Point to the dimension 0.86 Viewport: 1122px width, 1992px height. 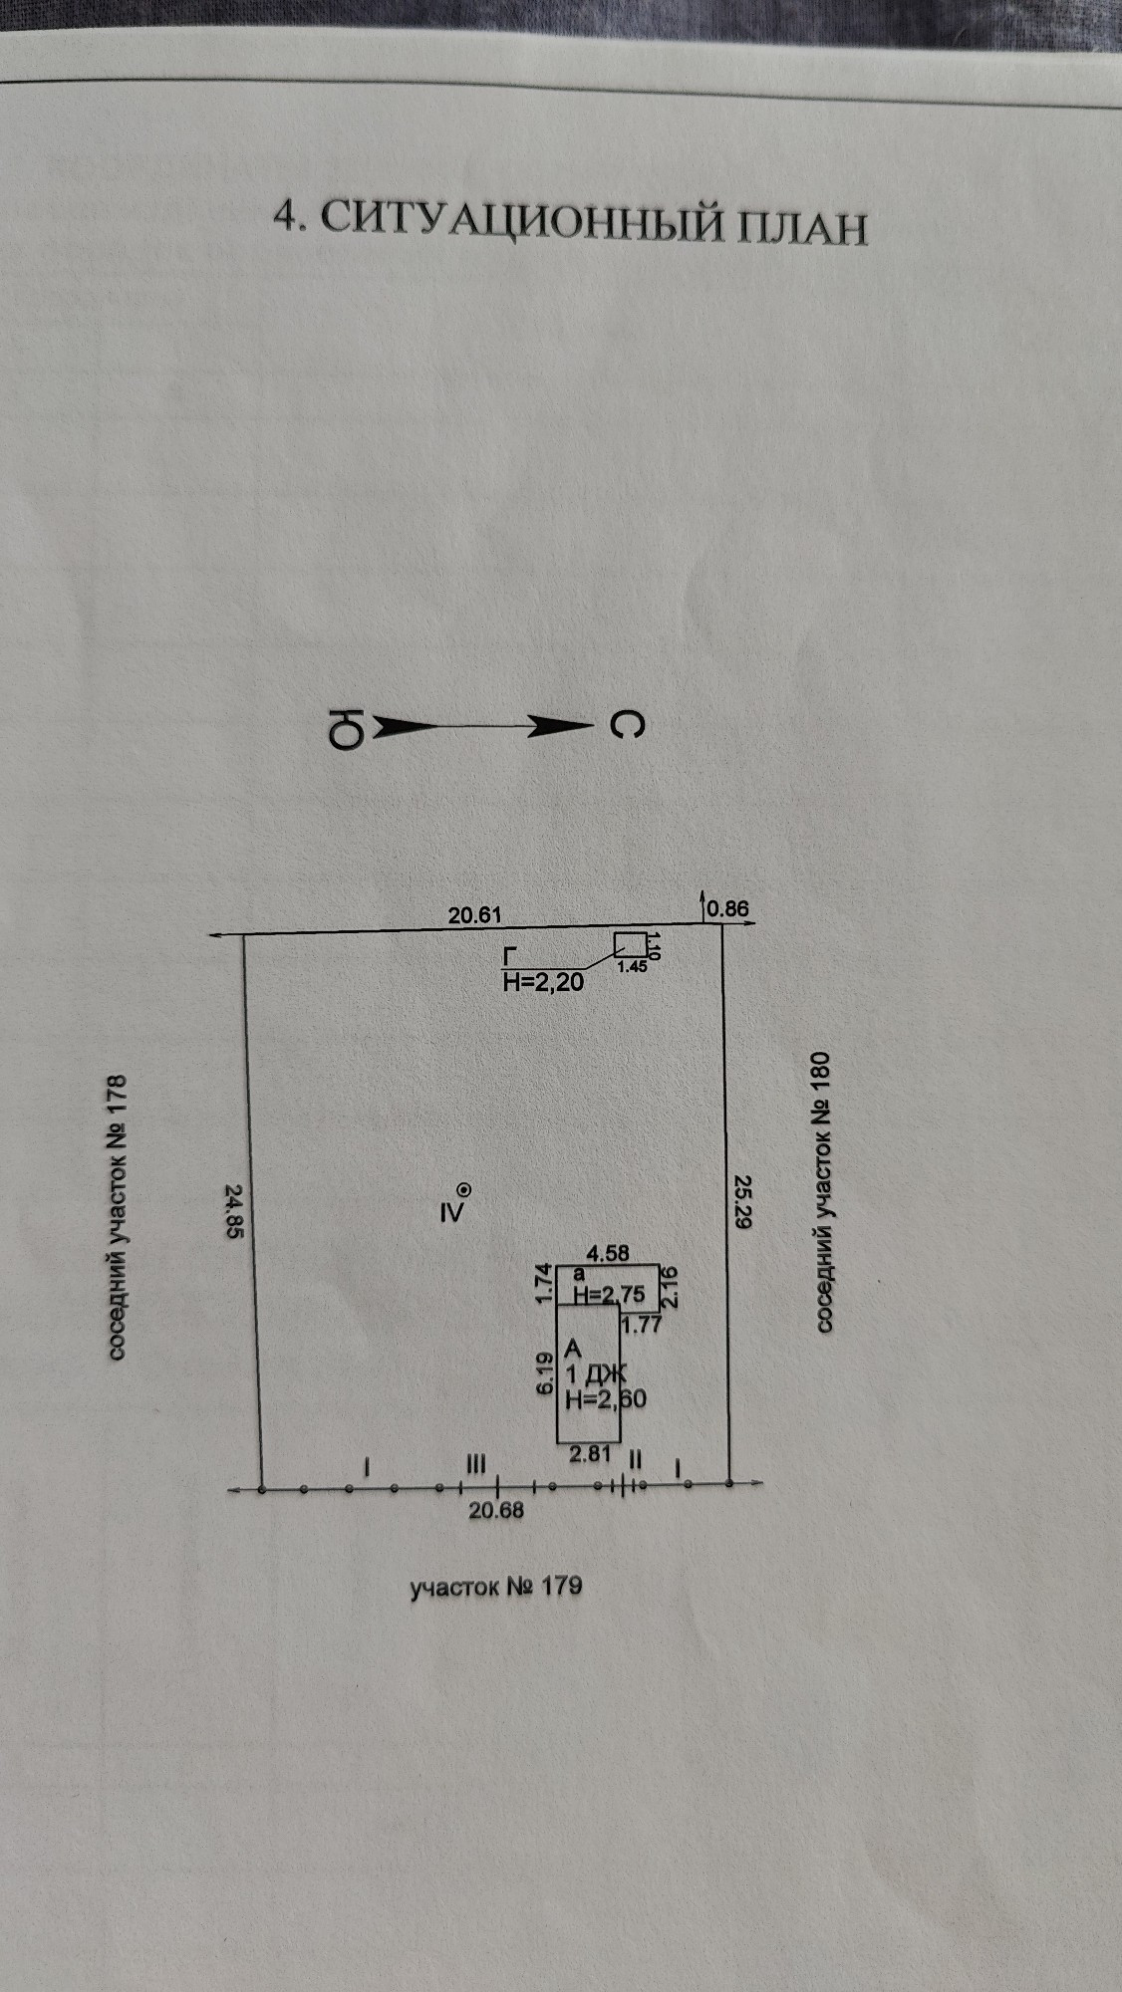click(x=727, y=908)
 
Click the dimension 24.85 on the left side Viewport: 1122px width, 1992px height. click(x=234, y=1210)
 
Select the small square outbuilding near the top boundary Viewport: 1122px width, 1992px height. click(x=630, y=944)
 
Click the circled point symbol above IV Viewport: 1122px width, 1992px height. click(x=464, y=1189)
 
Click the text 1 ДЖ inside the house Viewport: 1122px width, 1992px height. click(x=596, y=1375)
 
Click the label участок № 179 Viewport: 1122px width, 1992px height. click(x=496, y=1586)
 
